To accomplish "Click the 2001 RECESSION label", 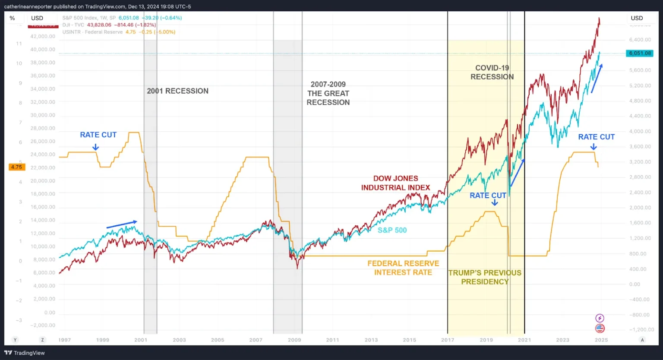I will [177, 91].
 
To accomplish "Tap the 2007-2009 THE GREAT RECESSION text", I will [328, 93].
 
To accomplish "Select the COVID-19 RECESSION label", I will [492, 73].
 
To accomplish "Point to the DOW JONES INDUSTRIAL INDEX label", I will [395, 183].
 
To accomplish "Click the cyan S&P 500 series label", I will [392, 231].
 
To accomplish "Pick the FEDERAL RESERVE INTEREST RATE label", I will [403, 268].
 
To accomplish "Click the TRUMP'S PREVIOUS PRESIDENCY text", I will [485, 277].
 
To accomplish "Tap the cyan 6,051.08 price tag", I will [640, 53].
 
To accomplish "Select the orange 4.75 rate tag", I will [16, 167].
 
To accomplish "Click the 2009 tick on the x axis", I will [294, 340].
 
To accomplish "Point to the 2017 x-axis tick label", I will [448, 340].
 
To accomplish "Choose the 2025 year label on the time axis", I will [601, 340].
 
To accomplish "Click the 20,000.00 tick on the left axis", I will [43, 181].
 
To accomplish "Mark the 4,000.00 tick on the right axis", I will [640, 131].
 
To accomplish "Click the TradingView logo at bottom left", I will [25, 353].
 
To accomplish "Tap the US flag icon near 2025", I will [600, 328].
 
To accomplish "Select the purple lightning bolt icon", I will [600, 318].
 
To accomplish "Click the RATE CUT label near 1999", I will [98, 135].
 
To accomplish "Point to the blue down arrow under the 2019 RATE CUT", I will [495, 203].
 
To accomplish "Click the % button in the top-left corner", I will [12, 18].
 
